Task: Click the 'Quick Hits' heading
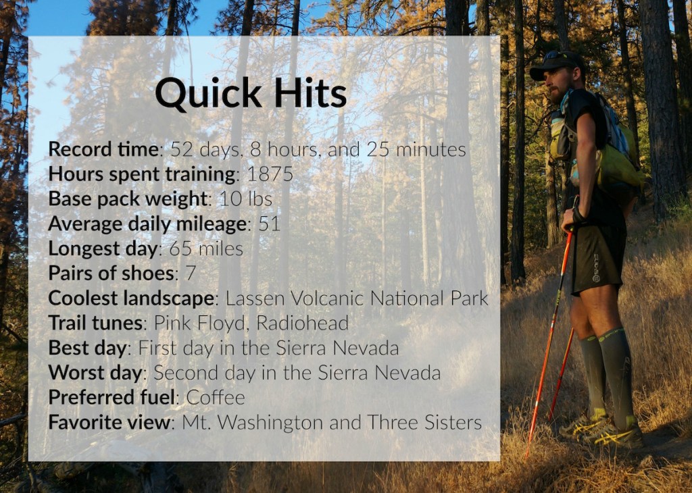[x=251, y=93]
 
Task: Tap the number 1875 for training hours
[x=270, y=174]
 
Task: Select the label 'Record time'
[x=103, y=149]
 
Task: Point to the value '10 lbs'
[x=245, y=199]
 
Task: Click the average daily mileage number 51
[x=269, y=224]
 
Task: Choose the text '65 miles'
[x=206, y=249]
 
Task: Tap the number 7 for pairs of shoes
[x=190, y=273]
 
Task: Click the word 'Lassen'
[x=255, y=298]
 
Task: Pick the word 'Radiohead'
[x=302, y=323]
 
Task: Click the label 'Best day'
[x=87, y=348]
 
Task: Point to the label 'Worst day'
[x=95, y=373]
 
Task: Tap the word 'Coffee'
[x=216, y=397]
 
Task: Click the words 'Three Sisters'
[x=424, y=422]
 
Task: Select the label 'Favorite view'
[x=109, y=422]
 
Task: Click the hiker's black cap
[x=555, y=63]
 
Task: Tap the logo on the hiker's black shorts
[x=596, y=267]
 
